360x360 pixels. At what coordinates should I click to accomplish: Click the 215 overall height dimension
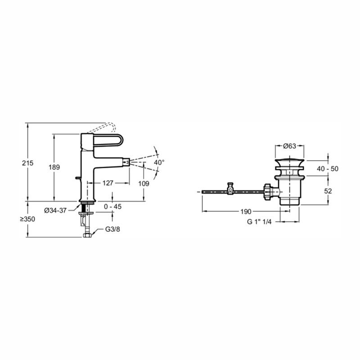coord(28,163)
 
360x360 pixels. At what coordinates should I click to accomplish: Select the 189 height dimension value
coord(54,167)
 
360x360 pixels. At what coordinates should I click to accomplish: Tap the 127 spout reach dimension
coord(108,183)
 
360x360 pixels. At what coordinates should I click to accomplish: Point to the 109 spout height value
coord(144,184)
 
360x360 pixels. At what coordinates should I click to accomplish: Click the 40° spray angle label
coord(159,162)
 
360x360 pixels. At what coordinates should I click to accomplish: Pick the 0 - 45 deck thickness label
coord(113,207)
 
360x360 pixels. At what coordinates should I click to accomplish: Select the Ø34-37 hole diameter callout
coord(55,210)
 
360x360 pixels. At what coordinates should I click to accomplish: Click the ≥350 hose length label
coord(27,219)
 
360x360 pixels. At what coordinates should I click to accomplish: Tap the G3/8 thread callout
coord(112,229)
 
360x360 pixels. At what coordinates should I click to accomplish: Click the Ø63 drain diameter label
coord(289,146)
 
